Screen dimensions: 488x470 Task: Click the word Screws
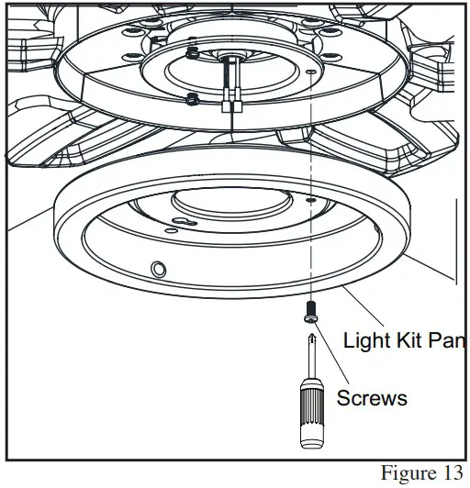(x=371, y=398)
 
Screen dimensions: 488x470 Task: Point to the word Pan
(x=451, y=341)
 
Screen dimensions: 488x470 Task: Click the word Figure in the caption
(x=408, y=473)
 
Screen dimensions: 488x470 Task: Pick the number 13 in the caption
(x=450, y=473)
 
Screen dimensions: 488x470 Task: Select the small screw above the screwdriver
(x=309, y=313)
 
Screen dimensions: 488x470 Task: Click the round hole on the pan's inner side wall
(x=158, y=269)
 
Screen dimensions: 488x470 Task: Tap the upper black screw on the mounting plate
(x=190, y=52)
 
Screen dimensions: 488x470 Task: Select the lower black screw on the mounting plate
(x=190, y=99)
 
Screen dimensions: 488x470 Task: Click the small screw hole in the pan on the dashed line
(x=311, y=197)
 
